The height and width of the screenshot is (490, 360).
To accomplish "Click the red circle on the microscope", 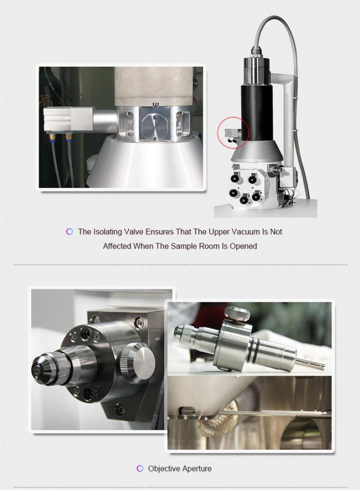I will (233, 133).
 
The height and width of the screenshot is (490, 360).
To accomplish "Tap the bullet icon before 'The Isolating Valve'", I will (69, 231).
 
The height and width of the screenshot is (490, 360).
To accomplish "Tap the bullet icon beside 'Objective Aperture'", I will (140, 468).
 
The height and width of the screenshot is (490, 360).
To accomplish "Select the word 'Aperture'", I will (196, 468).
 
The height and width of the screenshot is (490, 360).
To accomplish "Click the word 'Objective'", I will (164, 468).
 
